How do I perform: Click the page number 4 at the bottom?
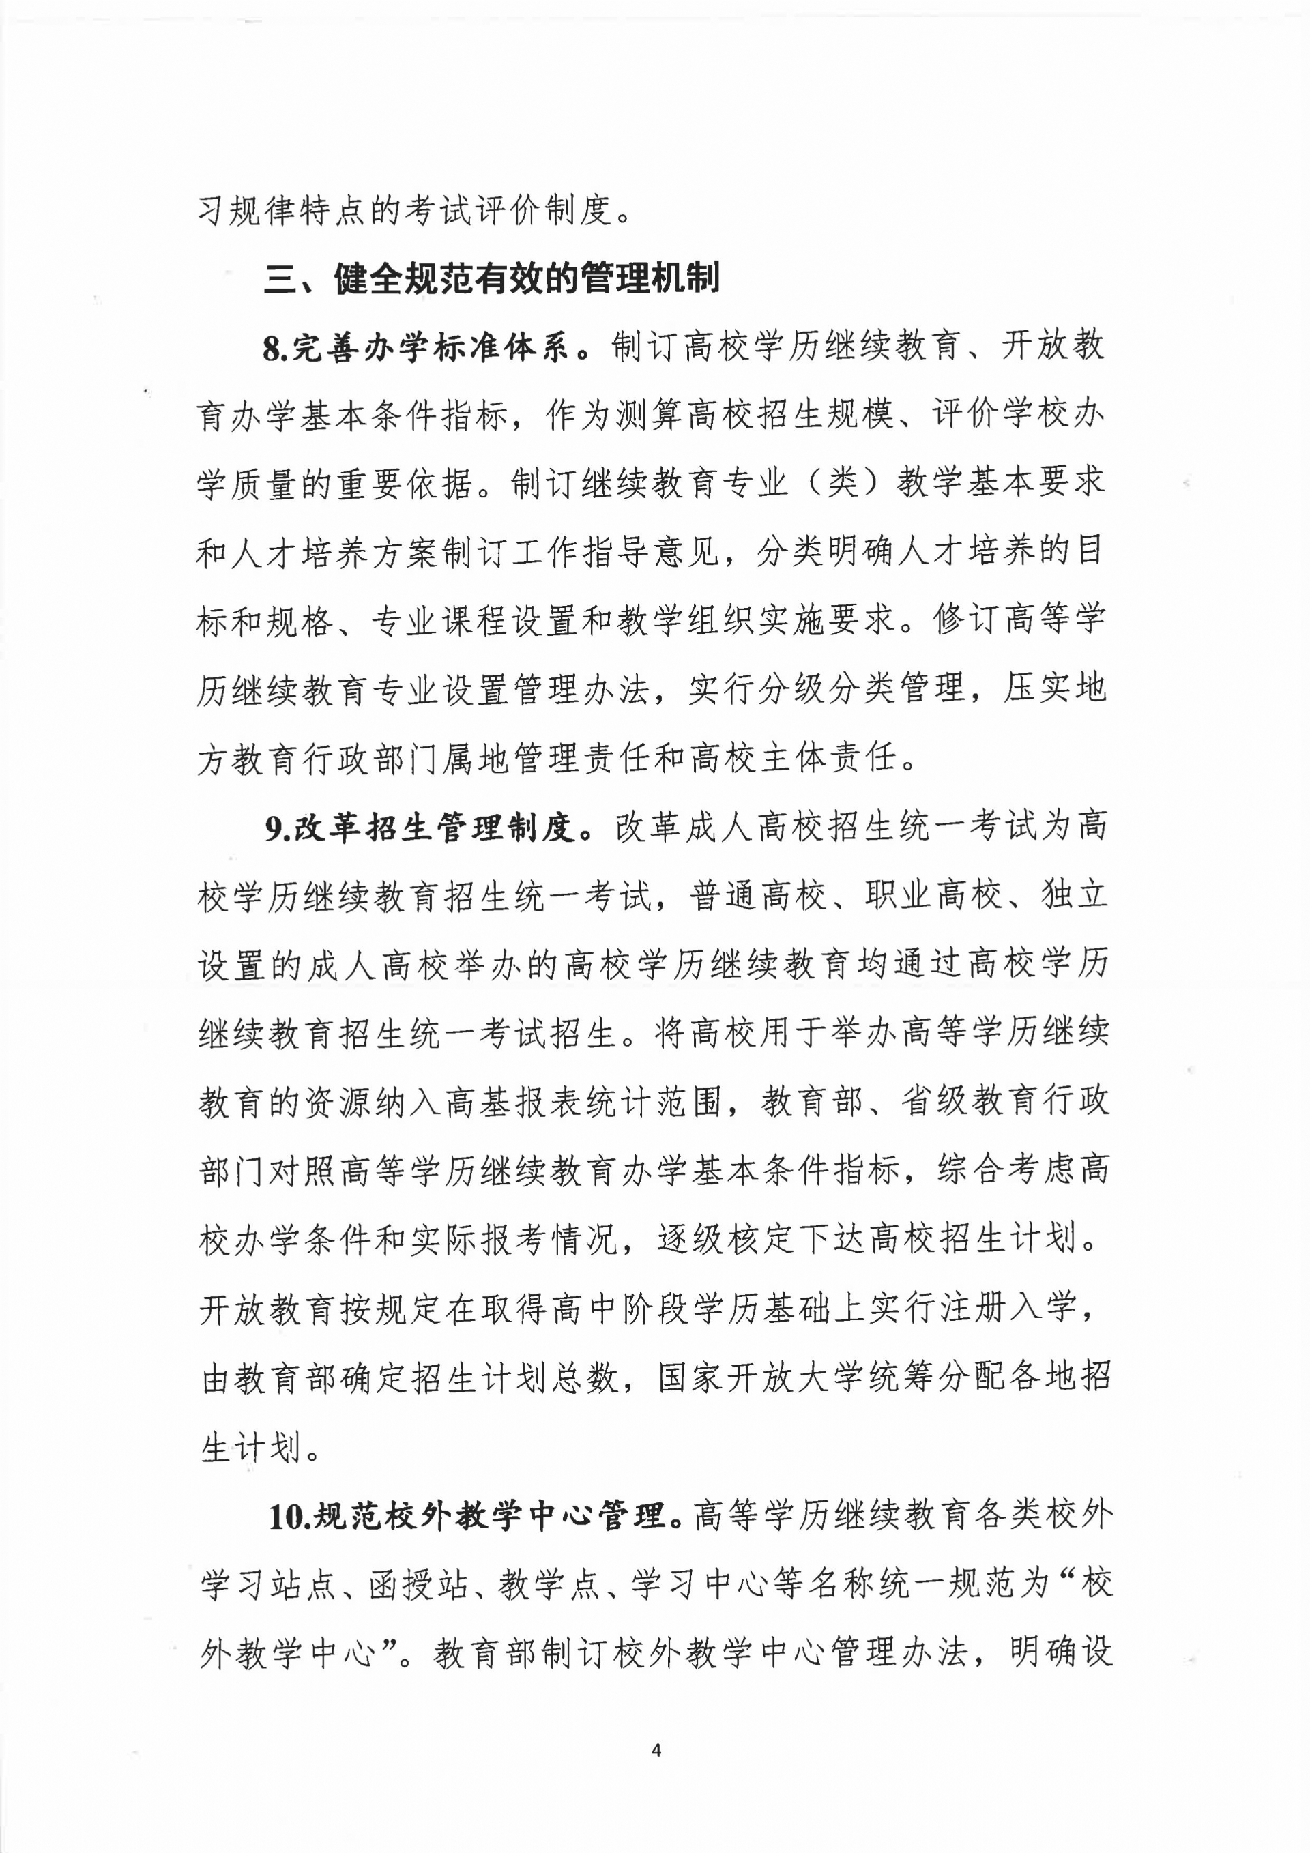[656, 1750]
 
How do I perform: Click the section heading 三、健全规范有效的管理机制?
[491, 278]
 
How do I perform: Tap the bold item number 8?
[274, 349]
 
